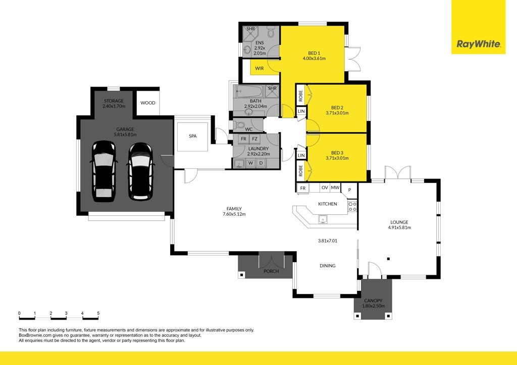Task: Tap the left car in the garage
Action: [104, 171]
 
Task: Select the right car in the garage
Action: [140, 171]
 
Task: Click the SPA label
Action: [192, 136]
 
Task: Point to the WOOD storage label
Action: [148, 103]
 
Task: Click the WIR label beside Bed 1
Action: [260, 69]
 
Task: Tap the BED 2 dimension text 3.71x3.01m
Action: [337, 113]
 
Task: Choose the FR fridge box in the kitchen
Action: [303, 188]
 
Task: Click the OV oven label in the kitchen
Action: [325, 188]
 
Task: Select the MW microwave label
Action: [335, 188]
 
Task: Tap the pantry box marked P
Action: [349, 190]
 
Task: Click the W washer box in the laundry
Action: [251, 163]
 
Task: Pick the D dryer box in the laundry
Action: [261, 163]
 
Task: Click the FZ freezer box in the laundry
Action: [254, 139]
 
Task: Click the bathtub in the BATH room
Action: [248, 91]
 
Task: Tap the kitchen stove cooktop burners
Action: [352, 207]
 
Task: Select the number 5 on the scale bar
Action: [98, 314]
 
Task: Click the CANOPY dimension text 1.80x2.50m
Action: [373, 306]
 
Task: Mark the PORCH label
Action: [271, 271]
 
